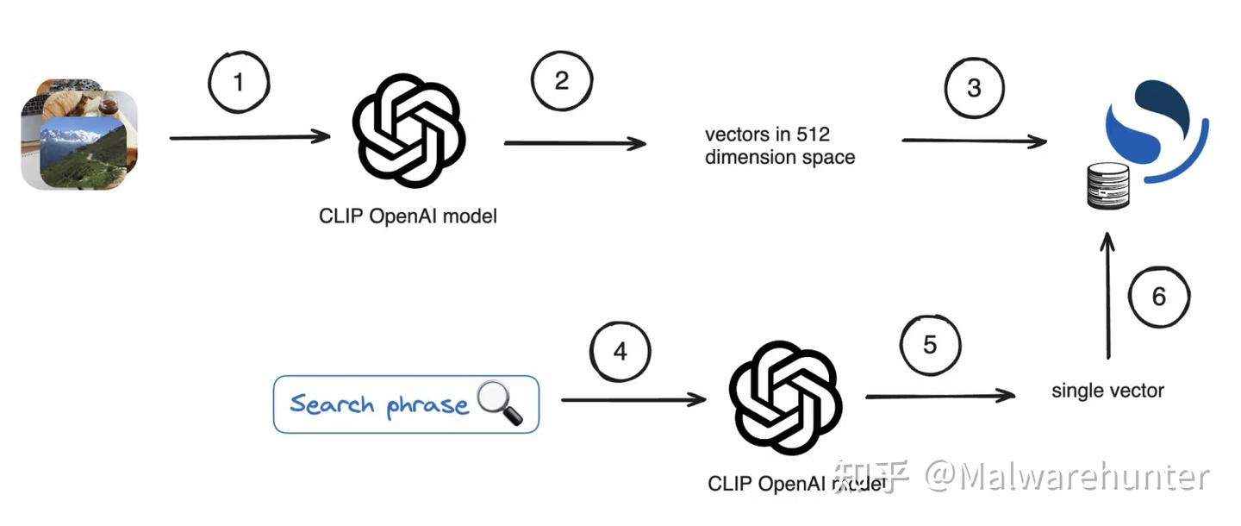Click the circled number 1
click(239, 83)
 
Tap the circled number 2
click(562, 81)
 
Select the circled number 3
click(975, 87)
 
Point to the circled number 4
click(620, 352)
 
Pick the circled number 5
click(930, 345)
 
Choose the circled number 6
click(1159, 297)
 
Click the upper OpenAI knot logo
click(408, 131)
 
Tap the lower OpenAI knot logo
click(785, 398)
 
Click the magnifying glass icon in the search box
click(501, 403)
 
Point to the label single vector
click(1107, 391)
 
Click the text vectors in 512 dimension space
click(779, 146)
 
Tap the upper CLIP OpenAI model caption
click(408, 216)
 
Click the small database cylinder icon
click(1108, 185)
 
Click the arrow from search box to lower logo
click(633, 399)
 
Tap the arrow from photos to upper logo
click(250, 137)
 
